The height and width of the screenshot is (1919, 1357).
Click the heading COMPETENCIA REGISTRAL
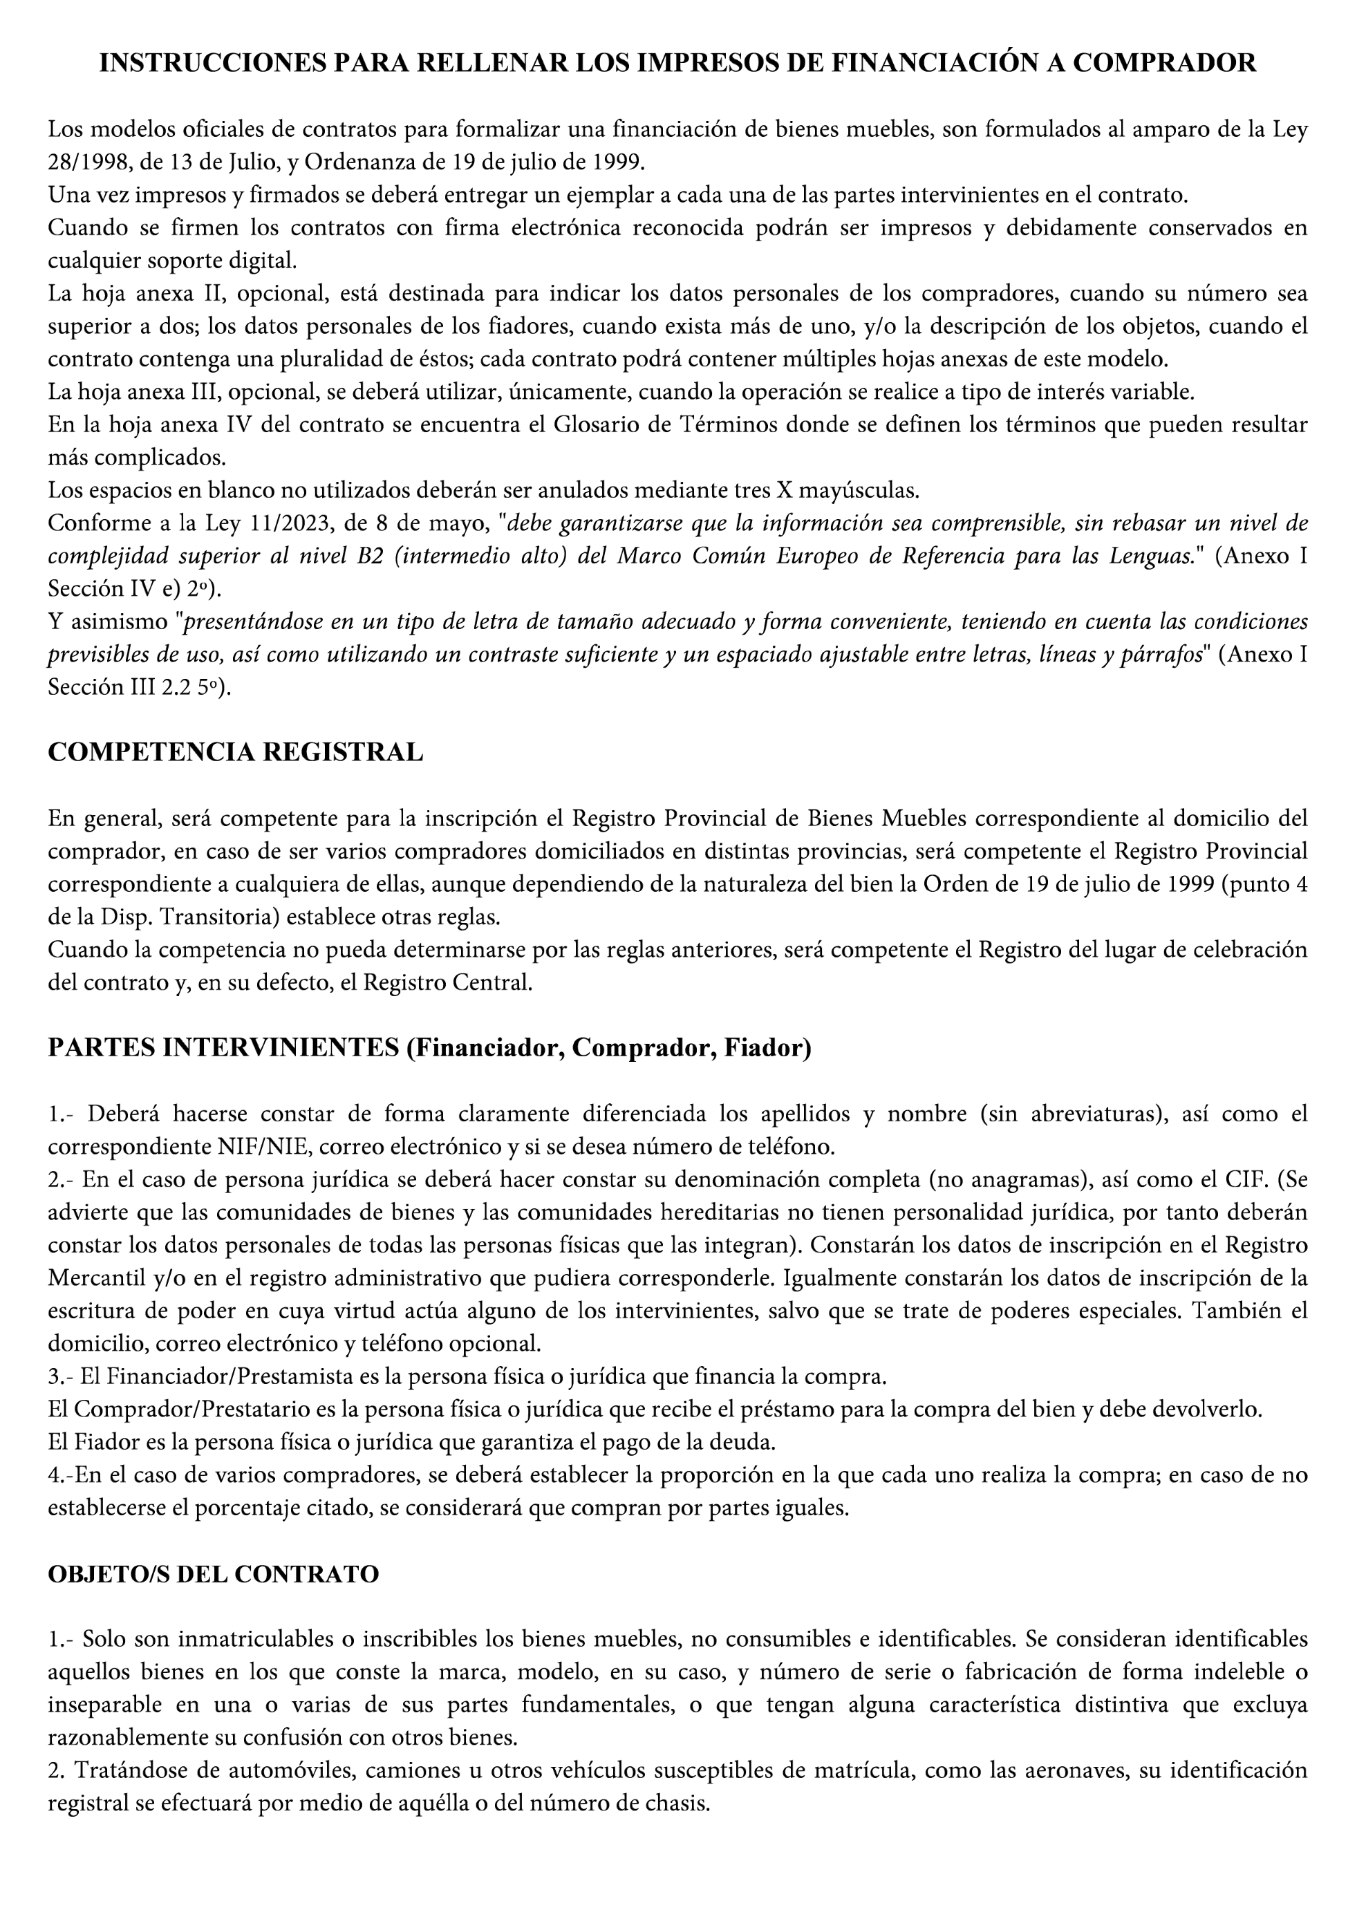coord(235,751)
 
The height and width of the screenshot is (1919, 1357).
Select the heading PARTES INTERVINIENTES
coord(223,1047)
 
